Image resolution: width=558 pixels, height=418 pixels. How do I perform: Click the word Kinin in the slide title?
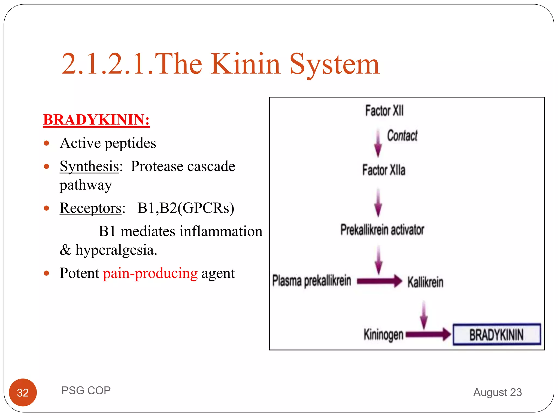(x=245, y=64)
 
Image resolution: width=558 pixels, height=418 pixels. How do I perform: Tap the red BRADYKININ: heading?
(x=96, y=120)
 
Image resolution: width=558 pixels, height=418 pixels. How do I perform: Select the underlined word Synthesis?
(x=89, y=166)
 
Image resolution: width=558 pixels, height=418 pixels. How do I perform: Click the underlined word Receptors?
(x=90, y=208)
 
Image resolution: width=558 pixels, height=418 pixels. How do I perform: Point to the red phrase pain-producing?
(x=150, y=273)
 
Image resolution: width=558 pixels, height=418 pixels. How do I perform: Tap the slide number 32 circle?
(x=23, y=392)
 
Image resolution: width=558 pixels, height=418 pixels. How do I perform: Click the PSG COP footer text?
(x=86, y=391)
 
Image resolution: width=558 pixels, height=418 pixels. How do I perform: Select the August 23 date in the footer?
(x=498, y=392)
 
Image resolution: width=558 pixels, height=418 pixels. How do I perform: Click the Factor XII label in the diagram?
(x=384, y=111)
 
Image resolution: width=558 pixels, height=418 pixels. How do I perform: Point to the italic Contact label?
(x=402, y=136)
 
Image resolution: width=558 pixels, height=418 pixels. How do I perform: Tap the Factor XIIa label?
(x=384, y=170)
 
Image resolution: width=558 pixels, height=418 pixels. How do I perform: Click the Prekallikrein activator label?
(x=382, y=230)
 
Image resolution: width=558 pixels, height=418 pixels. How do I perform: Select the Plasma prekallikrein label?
(x=312, y=281)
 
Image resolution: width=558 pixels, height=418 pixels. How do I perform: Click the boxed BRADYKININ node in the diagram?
(x=496, y=334)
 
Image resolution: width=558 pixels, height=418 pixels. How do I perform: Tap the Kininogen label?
(x=383, y=334)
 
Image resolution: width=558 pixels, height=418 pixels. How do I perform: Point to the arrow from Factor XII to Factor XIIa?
(x=378, y=143)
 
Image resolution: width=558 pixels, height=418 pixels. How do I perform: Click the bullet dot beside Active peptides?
(x=47, y=143)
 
